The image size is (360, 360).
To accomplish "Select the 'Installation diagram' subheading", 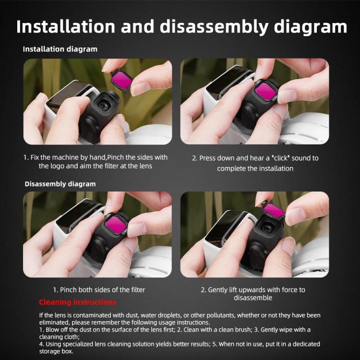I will point(60,49).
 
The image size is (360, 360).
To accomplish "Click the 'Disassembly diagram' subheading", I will point(60,184).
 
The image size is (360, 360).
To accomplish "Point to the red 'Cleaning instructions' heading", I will point(77,302).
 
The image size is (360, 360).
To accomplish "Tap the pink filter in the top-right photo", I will point(265,91).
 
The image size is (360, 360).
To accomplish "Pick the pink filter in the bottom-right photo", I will point(274,210).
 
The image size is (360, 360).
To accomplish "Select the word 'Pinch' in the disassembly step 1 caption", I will point(70,289).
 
